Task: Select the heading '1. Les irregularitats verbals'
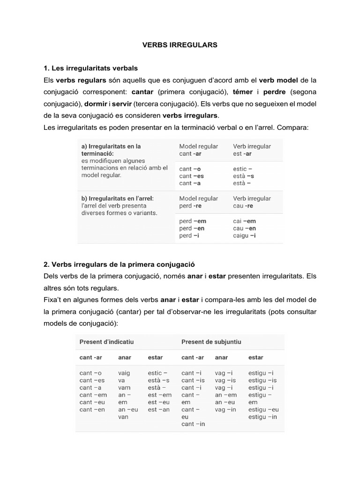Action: (90, 68)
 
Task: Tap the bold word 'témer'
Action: (243, 91)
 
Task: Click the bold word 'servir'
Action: (121, 103)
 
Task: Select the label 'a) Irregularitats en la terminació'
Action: (111, 150)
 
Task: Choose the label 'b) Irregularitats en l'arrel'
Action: (117, 198)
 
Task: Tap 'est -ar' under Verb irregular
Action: (242, 153)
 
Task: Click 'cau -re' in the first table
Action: (243, 206)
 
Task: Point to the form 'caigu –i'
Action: (244, 235)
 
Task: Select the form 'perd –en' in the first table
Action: (192, 228)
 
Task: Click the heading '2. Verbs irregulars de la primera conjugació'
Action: (119, 264)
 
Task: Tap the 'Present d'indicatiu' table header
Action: (106, 342)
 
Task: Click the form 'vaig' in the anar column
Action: (124, 373)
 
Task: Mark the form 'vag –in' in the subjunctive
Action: (225, 410)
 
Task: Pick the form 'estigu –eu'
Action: (263, 410)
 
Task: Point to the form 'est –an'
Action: (158, 410)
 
